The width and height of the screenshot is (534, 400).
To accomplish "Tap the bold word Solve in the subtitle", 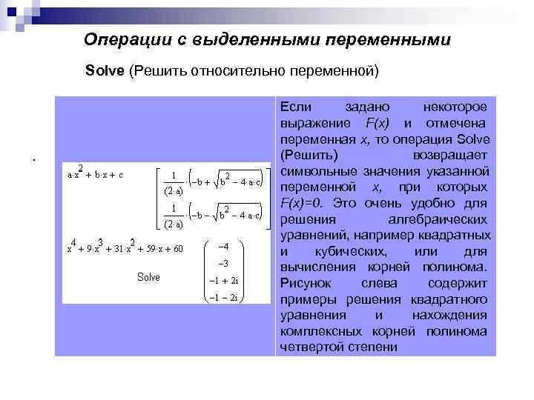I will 105,71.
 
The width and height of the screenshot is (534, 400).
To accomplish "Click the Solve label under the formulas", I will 148,277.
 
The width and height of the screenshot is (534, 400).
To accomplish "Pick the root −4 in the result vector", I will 223,247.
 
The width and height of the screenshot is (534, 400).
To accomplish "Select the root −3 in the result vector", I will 223,264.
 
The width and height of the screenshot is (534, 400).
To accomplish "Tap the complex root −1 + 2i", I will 223,281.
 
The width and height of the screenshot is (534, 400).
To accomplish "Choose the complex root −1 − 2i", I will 223,297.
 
